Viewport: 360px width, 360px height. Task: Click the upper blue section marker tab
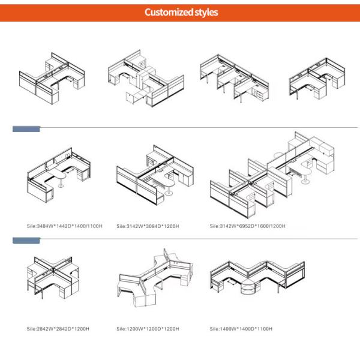(26, 129)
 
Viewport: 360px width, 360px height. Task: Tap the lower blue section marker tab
(26, 241)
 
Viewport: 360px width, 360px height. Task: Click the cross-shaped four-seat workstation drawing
(53, 277)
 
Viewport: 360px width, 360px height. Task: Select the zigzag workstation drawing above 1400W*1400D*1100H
(257, 278)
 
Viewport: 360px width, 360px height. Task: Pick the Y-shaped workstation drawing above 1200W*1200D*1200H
(155, 278)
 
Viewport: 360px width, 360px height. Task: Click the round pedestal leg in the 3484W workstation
(61, 183)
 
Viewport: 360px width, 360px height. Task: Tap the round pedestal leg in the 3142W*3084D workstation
(169, 190)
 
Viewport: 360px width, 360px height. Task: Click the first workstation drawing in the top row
(52, 79)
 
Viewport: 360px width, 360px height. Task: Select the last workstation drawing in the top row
(317, 79)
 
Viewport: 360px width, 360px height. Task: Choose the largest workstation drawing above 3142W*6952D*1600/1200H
(272, 175)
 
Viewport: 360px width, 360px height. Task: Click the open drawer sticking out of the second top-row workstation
(134, 97)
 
